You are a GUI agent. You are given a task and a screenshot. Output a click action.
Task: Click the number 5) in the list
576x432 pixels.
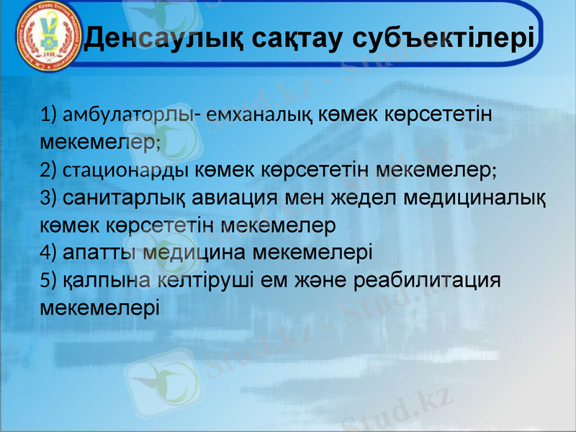point(49,279)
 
